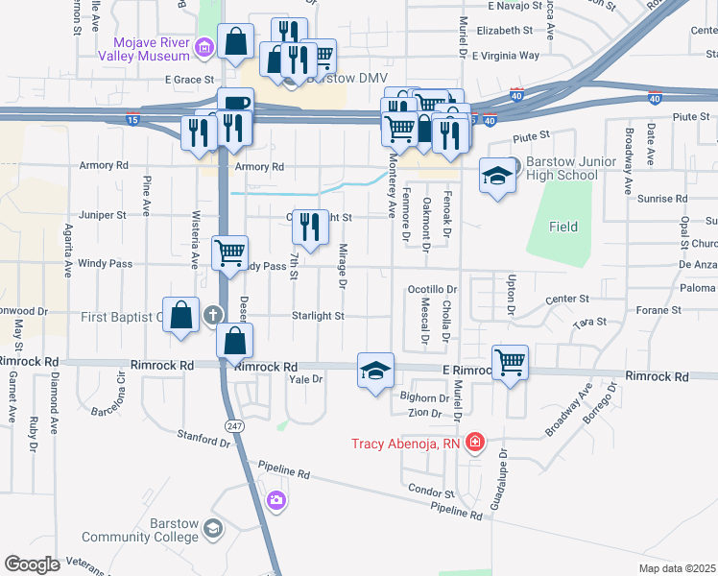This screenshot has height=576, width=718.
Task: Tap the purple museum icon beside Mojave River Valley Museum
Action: (203, 47)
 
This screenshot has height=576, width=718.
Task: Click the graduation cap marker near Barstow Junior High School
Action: (497, 176)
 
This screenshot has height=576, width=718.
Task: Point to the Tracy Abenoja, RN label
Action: (407, 444)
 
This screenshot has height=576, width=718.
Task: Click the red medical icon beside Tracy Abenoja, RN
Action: (474, 443)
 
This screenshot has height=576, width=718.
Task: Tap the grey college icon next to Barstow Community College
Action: (212, 528)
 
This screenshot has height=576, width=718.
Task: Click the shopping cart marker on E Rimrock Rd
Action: (511, 363)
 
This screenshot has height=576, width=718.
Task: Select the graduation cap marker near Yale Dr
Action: (375, 370)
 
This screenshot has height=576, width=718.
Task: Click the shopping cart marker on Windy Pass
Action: (230, 253)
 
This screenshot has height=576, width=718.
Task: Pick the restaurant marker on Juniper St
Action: (309, 227)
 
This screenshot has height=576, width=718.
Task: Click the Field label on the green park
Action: (563, 227)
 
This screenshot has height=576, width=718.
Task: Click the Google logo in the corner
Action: (33, 564)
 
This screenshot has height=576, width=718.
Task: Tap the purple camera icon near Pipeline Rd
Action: (276, 499)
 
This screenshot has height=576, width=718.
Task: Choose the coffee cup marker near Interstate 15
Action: (234, 103)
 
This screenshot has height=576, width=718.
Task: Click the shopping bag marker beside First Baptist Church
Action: (181, 315)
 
